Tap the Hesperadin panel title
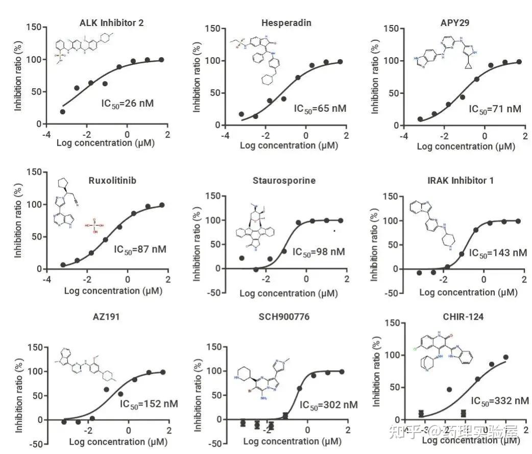pos(286,23)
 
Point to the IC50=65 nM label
pos(320,108)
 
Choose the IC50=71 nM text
pos(495,109)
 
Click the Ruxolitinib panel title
pos(111,180)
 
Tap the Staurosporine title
pos(284,180)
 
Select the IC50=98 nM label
pos(319,252)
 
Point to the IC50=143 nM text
pos(497,253)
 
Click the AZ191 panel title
pos(107,317)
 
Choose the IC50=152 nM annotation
pos(149,404)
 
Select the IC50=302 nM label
pos(328,405)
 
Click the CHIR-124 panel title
pos(464,317)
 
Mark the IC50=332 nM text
pos(499,401)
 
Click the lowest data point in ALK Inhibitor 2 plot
pos(62,111)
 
